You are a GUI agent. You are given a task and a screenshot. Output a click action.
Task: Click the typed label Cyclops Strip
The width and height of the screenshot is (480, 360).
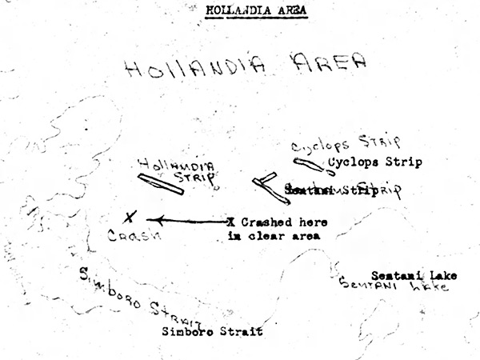pyautogui.click(x=375, y=162)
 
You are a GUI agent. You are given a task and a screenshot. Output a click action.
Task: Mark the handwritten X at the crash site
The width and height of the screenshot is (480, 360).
pyautogui.click(x=130, y=217)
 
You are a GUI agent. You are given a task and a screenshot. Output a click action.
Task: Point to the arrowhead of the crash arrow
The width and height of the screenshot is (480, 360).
pyautogui.click(x=153, y=219)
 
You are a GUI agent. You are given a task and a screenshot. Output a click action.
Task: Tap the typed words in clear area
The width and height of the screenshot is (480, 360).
pyautogui.click(x=272, y=236)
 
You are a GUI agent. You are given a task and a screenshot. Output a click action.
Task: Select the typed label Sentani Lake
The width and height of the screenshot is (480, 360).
pyautogui.click(x=414, y=275)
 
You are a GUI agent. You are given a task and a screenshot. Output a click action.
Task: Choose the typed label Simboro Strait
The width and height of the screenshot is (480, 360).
pyautogui.click(x=211, y=330)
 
